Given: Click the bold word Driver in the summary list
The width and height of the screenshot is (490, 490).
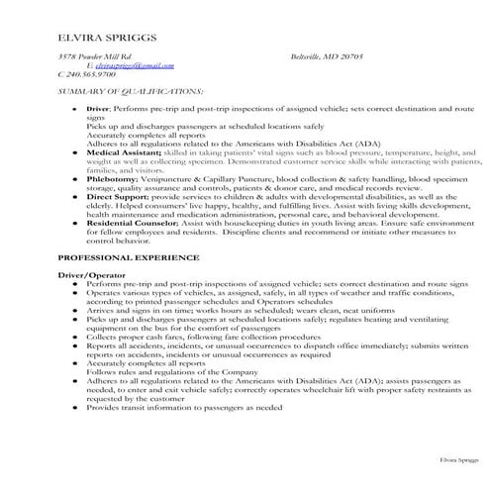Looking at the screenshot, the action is (98, 107).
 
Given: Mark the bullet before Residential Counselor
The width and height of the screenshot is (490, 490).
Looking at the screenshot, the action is (75, 225).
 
